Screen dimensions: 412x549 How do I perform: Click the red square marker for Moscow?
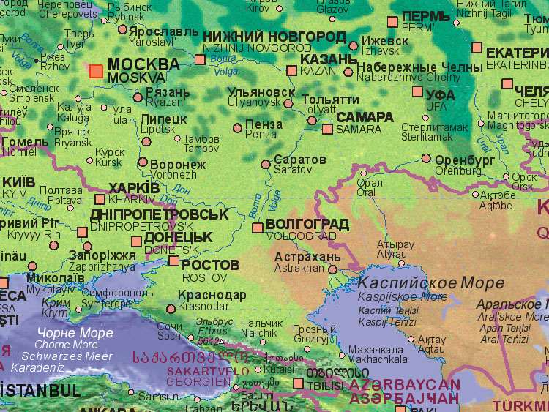[96, 70]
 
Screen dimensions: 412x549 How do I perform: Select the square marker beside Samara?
[327, 129]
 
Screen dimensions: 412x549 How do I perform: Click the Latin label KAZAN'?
[318, 71]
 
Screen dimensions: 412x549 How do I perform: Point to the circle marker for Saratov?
[267, 165]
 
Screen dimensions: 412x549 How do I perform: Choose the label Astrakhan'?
[299, 269]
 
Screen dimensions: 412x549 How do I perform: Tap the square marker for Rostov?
[174, 261]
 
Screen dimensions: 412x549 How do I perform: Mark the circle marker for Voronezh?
[143, 163]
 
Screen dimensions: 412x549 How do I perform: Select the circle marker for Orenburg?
[426, 158]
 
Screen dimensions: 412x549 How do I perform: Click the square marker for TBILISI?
[298, 383]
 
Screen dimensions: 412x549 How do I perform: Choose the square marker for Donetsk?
[136, 241]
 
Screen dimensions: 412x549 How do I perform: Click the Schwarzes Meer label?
[72, 356]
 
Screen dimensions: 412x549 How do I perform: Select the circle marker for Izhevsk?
[354, 45]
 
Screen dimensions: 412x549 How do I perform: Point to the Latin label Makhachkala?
[378, 359]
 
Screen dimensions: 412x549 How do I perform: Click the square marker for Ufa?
[417, 92]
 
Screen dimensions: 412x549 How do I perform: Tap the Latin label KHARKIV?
[132, 199]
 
